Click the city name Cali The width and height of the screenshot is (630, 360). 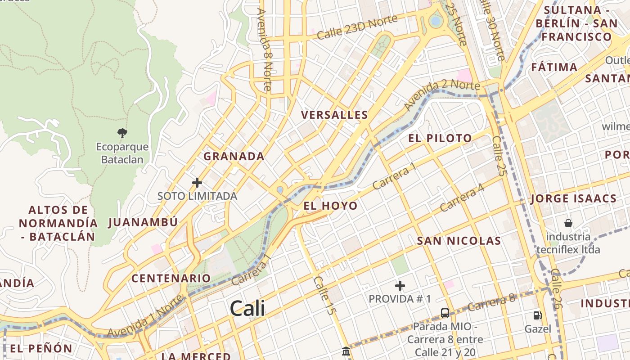[247, 309]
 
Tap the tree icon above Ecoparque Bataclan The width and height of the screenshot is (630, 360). [122, 133]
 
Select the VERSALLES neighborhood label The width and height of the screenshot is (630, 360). [335, 115]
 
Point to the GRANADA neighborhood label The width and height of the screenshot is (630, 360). [234, 157]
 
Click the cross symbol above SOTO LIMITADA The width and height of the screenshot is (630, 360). [197, 183]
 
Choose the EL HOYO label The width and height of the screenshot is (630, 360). [331, 206]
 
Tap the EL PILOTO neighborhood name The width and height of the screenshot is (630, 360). [440, 138]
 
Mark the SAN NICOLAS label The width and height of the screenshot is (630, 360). [459, 241]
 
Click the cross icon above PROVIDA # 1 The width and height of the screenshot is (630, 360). [400, 286]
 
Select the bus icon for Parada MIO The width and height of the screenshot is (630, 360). [445, 313]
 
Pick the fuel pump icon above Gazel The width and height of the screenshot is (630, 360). [537, 315]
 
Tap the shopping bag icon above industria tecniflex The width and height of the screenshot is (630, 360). [568, 223]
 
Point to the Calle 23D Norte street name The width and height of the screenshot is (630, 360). [357, 27]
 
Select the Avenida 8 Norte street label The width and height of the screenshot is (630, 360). [265, 49]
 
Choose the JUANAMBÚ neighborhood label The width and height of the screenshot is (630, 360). [144, 222]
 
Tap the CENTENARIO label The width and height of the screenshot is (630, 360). [171, 278]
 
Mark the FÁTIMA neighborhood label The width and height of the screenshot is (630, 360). [554, 67]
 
